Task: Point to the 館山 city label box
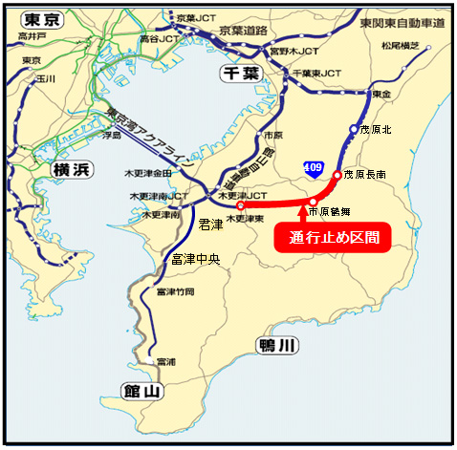pos(142,389)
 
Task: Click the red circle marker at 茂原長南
pos(337,176)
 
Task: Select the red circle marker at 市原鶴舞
pos(314,202)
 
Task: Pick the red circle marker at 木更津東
pos(240,205)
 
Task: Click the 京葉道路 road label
pos(249,30)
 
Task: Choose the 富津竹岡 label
pos(175,290)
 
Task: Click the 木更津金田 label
pos(147,174)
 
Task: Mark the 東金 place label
pos(382,94)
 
